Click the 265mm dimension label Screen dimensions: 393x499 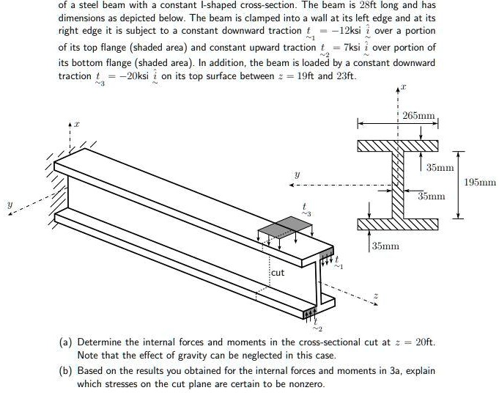pos(420,116)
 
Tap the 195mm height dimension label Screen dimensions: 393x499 pos(480,182)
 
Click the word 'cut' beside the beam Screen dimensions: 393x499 pos(278,273)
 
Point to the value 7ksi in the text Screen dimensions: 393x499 pos(346,47)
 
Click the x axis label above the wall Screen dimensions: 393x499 pos(77,125)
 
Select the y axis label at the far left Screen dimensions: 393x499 pos(9,205)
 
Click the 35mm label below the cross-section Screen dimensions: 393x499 pos(386,246)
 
